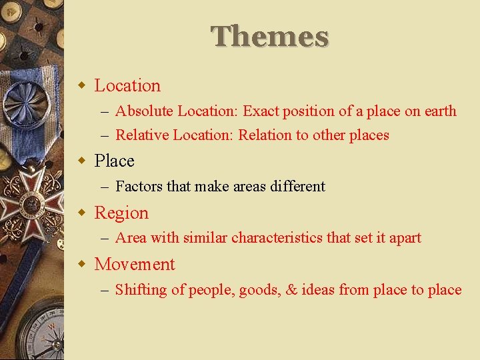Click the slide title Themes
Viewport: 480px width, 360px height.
coord(270,37)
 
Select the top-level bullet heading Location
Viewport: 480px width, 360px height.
coord(127,86)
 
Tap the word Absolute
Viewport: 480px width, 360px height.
coord(144,111)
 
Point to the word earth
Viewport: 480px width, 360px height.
coord(440,111)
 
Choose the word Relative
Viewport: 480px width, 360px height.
coord(142,135)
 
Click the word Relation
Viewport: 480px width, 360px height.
coord(265,135)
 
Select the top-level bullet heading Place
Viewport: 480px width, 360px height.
coord(115,161)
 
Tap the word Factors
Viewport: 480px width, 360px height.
coord(139,187)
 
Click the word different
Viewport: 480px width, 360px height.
coord(297,187)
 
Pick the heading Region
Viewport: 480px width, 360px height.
coord(121,213)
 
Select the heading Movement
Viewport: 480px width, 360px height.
coord(135,265)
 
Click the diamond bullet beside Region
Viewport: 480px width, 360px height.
coord(82,213)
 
